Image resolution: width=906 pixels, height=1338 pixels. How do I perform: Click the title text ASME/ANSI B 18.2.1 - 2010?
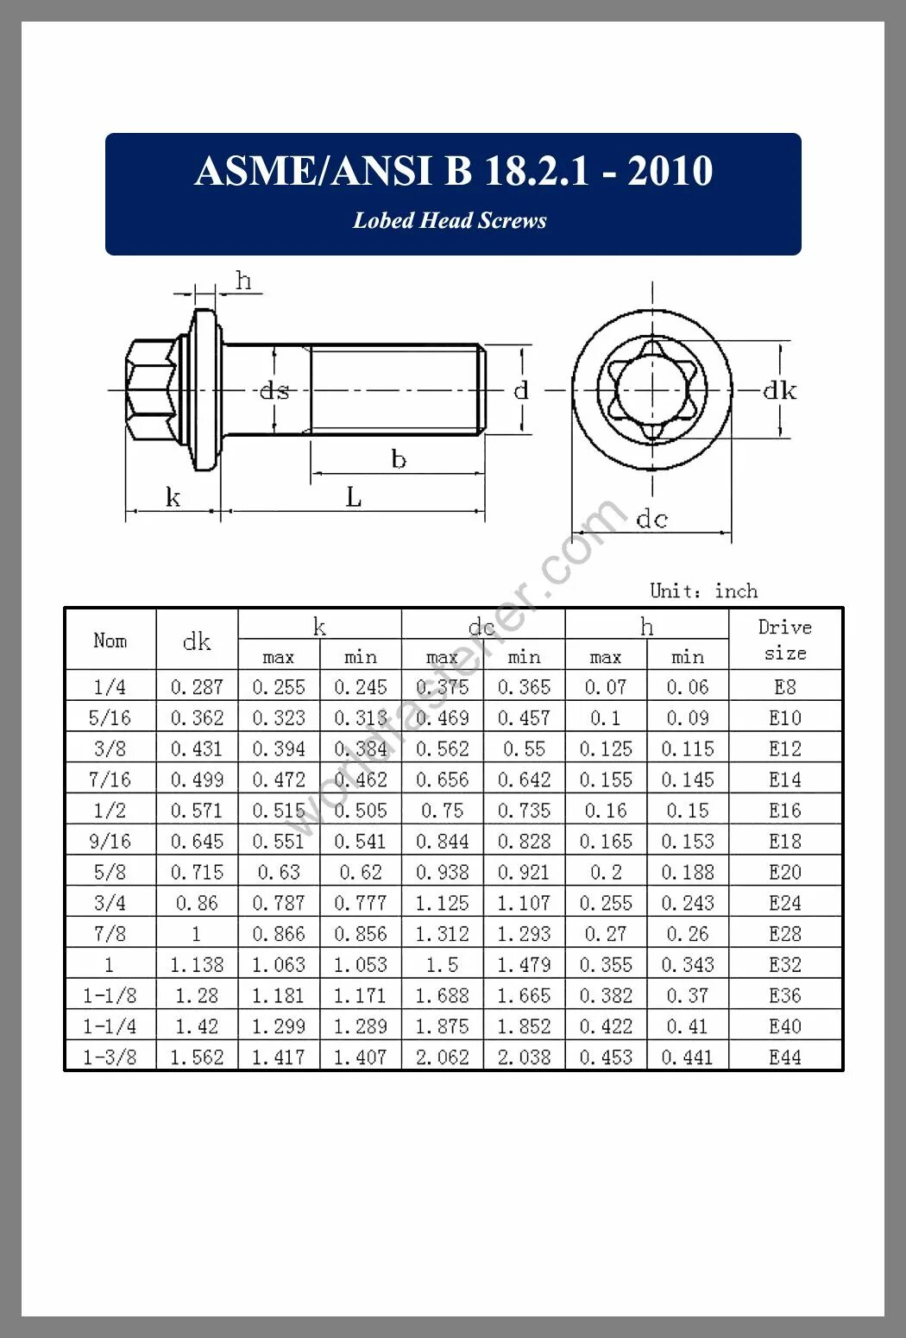pyautogui.click(x=453, y=171)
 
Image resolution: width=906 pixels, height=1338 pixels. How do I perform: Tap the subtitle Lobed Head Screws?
pyautogui.click(x=450, y=221)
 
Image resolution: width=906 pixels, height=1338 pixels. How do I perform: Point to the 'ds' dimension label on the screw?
pyautogui.click(x=274, y=391)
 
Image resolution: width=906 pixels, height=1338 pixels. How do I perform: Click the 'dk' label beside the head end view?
pyautogui.click(x=779, y=391)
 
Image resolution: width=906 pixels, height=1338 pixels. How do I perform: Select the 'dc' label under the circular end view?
pyautogui.click(x=651, y=519)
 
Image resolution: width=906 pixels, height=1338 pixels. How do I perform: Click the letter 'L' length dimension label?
pyautogui.click(x=354, y=498)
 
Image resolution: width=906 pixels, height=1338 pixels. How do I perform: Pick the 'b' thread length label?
pyautogui.click(x=398, y=459)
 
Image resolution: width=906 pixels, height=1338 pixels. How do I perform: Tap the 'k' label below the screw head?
pyautogui.click(x=173, y=498)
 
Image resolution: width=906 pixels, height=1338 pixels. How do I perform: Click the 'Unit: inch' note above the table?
pyautogui.click(x=703, y=591)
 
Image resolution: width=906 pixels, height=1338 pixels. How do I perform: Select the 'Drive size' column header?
pyautogui.click(x=784, y=640)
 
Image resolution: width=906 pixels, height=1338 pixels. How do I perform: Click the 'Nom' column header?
pyautogui.click(x=110, y=641)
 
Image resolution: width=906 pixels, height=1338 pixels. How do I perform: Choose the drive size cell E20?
pyautogui.click(x=784, y=873)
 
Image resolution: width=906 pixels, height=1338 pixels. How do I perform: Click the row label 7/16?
pyautogui.click(x=110, y=780)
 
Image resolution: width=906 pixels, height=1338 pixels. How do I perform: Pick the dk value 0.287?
pyautogui.click(x=197, y=688)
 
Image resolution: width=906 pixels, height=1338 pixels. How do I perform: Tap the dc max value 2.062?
pyautogui.click(x=442, y=1057)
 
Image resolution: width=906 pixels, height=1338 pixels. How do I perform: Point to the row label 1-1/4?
pyautogui.click(x=110, y=1027)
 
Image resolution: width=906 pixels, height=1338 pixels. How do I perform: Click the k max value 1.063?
pyautogui.click(x=278, y=965)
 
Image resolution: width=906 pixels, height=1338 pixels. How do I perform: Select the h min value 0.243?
pyautogui.click(x=688, y=904)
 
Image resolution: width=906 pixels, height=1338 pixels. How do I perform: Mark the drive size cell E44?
pyautogui.click(x=784, y=1057)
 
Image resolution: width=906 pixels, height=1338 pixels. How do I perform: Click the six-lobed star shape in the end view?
pyautogui.click(x=651, y=389)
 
